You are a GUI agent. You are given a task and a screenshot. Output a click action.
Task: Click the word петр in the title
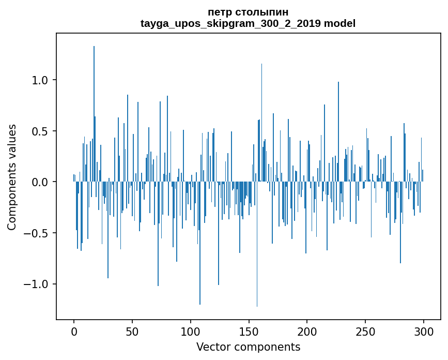219,12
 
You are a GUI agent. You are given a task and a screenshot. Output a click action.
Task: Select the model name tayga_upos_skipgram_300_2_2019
230,23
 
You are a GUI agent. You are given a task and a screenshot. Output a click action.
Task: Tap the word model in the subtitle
339,23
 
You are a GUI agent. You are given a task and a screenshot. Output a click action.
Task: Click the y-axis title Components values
12,177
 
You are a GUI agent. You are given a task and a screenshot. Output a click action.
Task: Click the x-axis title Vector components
248,347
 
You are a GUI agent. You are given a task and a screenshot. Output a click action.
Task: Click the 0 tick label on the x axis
74,331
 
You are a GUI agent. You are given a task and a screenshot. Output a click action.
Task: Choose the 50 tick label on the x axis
132,331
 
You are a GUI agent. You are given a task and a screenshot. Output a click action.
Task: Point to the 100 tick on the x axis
191,331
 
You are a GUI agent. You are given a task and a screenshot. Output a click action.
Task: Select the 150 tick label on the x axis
249,331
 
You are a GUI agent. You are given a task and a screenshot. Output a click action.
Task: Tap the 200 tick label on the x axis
307,331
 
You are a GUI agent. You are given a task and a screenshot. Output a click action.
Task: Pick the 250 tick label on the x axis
366,331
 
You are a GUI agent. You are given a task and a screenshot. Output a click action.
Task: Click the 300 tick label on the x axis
424,331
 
